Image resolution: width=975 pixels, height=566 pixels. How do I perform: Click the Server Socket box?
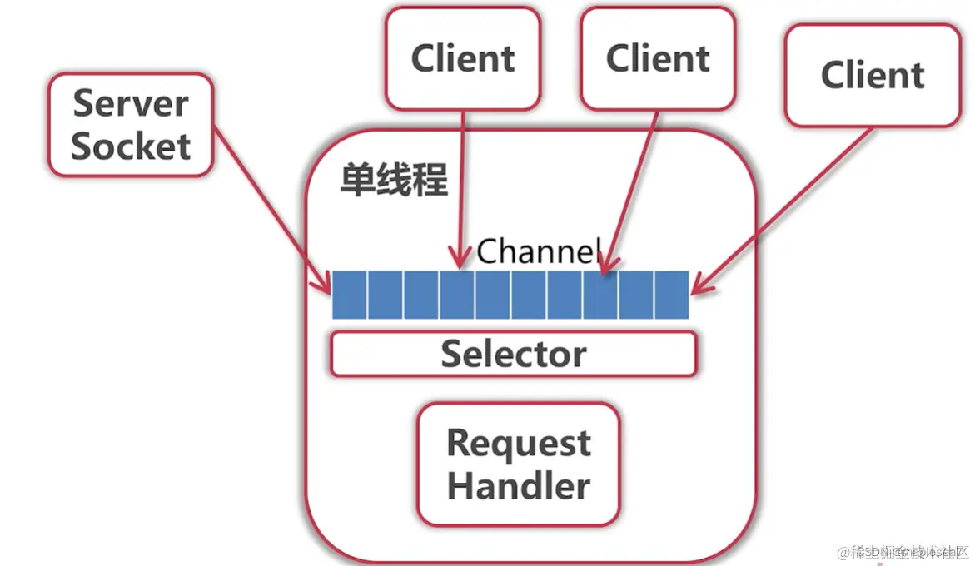click(131, 125)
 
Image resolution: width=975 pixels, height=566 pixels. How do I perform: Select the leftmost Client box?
click(462, 58)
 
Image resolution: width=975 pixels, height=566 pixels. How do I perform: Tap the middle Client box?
click(658, 58)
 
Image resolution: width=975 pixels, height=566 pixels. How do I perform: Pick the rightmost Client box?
click(872, 75)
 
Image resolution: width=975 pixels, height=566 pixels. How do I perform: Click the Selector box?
click(513, 354)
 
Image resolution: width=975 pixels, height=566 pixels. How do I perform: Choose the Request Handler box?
click(518, 464)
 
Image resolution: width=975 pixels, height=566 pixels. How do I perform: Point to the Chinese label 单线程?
click(394, 180)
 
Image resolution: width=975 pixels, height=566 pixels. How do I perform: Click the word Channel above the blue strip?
click(538, 251)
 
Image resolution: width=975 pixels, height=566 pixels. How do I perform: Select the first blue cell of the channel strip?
click(350, 295)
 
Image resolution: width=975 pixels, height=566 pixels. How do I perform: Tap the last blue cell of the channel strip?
click(671, 295)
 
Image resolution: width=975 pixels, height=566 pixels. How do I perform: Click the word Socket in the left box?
click(131, 146)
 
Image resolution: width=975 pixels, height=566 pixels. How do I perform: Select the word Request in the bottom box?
click(518, 443)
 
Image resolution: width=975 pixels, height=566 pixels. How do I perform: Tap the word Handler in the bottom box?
click(518, 485)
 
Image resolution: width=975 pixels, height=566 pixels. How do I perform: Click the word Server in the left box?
click(131, 103)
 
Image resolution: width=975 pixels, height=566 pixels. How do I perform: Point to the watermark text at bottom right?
click(903, 553)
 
